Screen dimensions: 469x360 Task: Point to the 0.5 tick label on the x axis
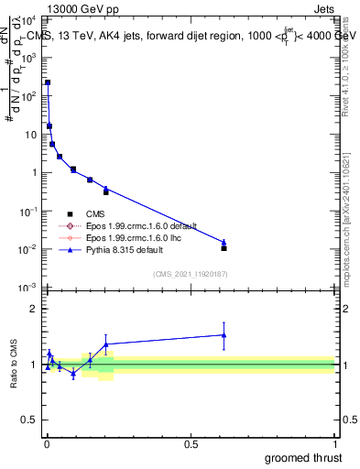coord(191,444)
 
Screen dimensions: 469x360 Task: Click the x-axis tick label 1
coord(334,444)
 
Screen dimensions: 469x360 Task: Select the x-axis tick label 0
coord(47,444)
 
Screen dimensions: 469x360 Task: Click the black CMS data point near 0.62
coord(224,248)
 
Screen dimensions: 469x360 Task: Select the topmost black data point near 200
coord(48,82)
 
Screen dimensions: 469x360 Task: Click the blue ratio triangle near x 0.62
coord(224,334)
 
